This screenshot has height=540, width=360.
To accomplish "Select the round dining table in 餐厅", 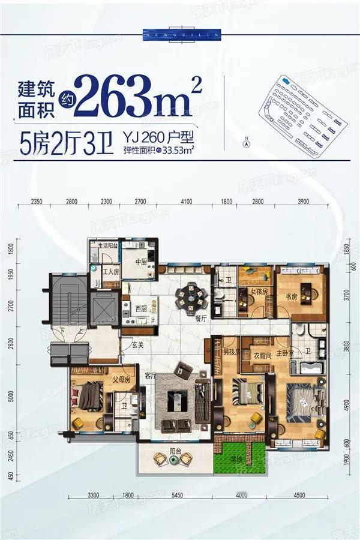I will click(x=190, y=295).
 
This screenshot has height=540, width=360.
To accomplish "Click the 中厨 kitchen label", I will click(x=141, y=261).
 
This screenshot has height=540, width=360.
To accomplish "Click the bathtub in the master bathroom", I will click(x=311, y=368).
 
